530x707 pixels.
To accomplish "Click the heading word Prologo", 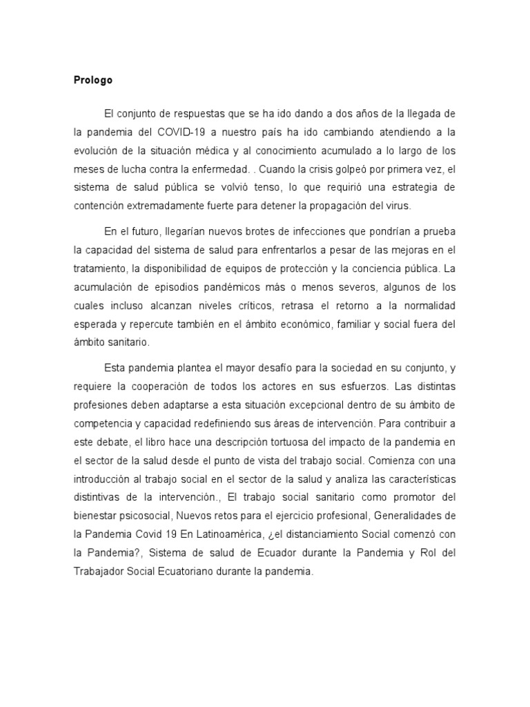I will pyautogui.click(x=92, y=80).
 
